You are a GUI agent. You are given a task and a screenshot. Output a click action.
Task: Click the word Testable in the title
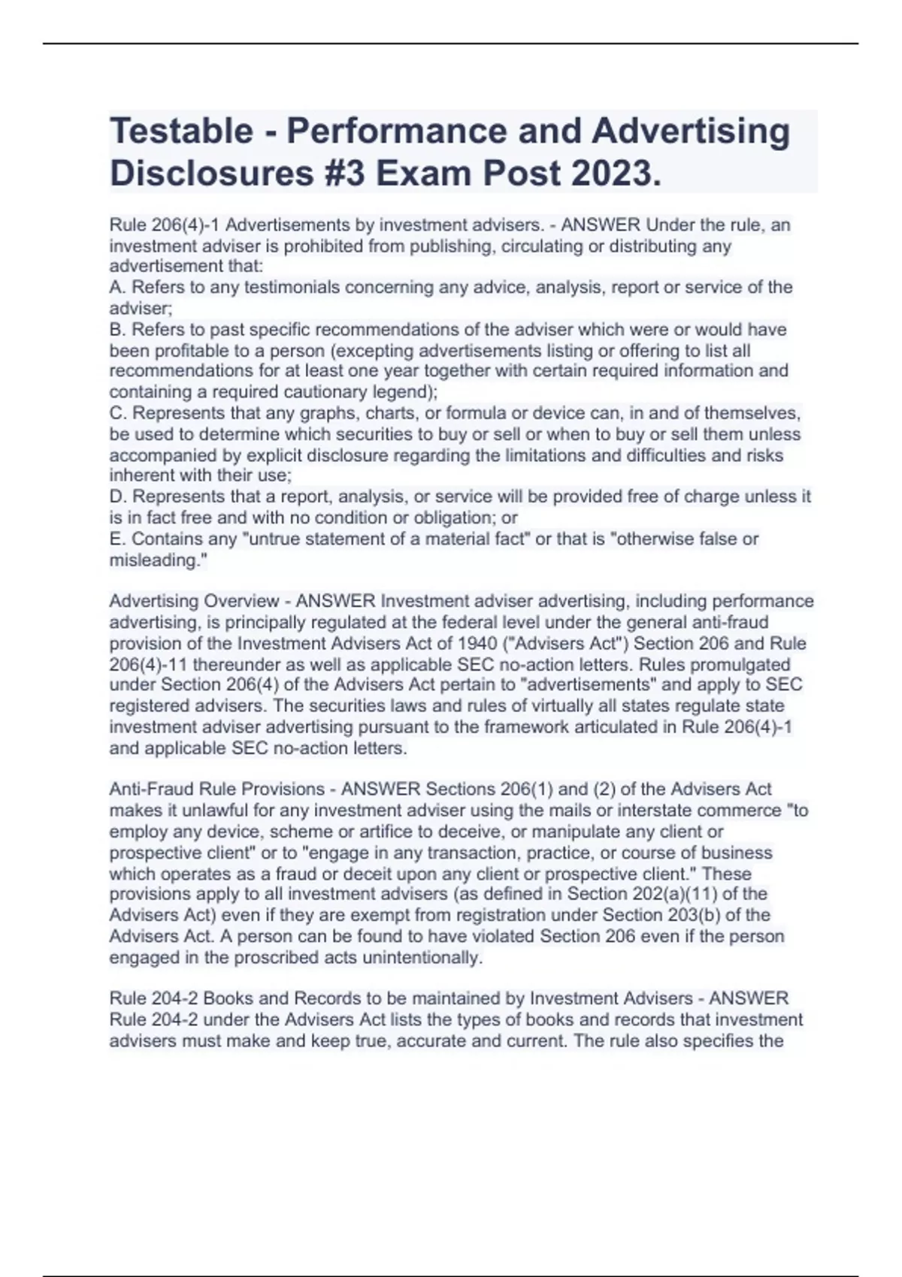(181, 131)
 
